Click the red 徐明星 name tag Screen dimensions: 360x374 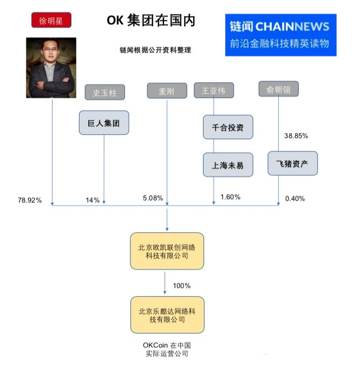point(51,20)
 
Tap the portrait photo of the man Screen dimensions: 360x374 point(51,68)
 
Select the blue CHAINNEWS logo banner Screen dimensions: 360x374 point(281,35)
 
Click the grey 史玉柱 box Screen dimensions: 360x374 point(104,92)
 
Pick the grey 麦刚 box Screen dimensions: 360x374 point(167,90)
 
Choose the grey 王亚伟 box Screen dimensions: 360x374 point(214,90)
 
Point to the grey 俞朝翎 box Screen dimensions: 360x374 point(278,89)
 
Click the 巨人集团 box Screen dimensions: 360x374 point(104,123)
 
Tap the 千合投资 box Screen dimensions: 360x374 point(228,127)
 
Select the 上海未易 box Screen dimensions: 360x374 point(228,165)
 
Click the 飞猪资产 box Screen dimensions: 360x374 point(292,163)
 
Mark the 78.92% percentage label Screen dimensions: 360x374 point(30,200)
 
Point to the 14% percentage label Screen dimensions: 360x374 point(93,200)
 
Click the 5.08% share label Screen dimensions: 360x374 point(153,198)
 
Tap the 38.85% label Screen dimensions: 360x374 point(296,136)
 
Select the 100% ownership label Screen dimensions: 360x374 point(181,286)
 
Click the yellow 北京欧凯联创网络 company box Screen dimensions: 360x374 point(167,251)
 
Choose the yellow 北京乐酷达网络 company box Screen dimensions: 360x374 point(167,315)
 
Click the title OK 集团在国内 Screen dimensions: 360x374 point(151,20)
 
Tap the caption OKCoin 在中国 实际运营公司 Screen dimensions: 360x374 point(167,349)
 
